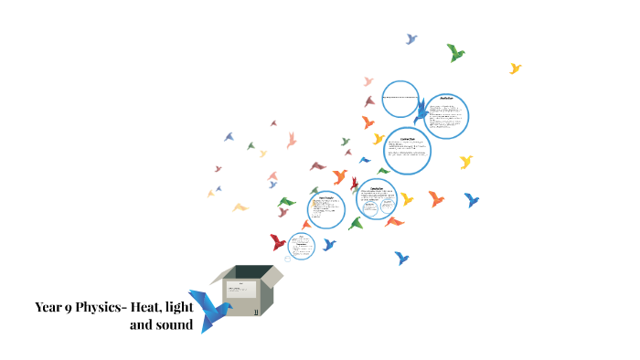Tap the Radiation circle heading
(447, 97)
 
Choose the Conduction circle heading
(408, 139)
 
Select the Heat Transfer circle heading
(326, 197)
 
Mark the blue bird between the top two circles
(421, 112)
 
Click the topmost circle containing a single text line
(400, 99)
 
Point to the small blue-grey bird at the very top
(411, 39)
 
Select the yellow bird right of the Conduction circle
(466, 162)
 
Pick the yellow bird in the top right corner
(515, 69)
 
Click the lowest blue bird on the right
(400, 259)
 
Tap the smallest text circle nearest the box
(302, 245)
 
